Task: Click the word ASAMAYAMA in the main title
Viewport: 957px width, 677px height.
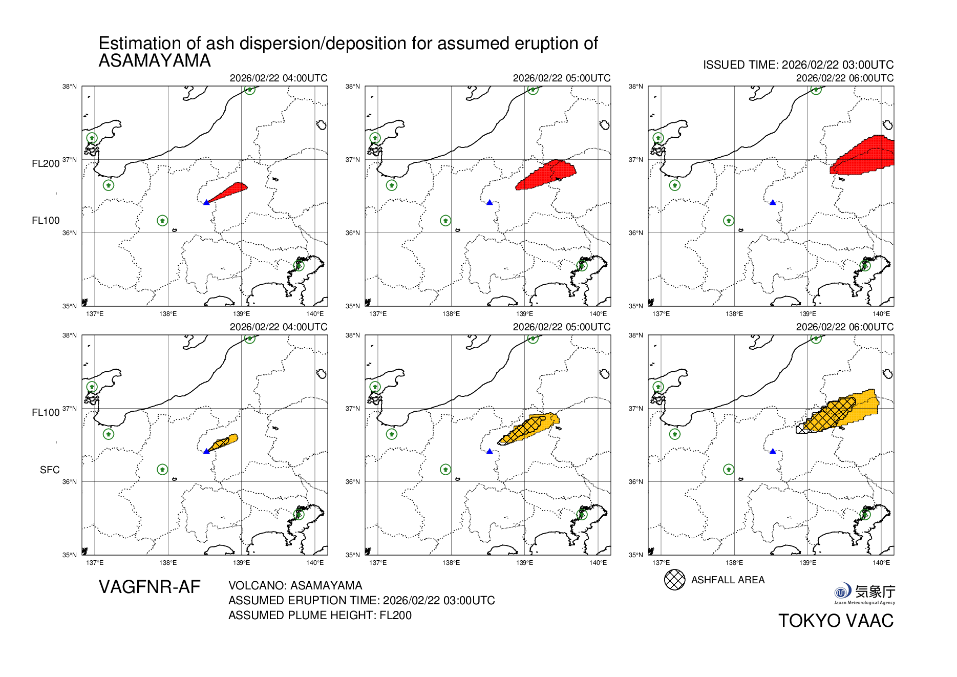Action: tap(154, 61)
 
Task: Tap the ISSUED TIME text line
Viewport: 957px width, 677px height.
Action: tap(798, 65)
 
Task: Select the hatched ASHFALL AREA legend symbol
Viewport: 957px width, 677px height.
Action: tap(674, 580)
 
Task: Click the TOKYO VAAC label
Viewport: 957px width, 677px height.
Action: tap(836, 621)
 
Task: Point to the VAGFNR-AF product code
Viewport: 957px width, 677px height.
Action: tap(149, 587)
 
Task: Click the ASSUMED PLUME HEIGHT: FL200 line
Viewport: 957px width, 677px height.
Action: tap(320, 615)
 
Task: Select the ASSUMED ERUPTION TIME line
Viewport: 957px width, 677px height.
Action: tap(361, 600)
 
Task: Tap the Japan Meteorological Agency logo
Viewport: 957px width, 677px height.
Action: tap(864, 594)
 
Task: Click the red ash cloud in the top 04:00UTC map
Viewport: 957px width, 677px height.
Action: tap(230, 191)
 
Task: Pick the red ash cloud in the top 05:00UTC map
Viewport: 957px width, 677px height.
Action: tap(545, 175)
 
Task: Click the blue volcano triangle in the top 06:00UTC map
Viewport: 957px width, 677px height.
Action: tap(773, 202)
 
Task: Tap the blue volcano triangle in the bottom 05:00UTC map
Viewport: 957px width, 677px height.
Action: tap(490, 451)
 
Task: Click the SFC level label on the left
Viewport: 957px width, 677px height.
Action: tap(50, 470)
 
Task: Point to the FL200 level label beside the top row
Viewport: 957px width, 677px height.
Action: tap(46, 164)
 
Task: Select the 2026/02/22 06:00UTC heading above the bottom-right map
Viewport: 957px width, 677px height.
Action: tap(844, 327)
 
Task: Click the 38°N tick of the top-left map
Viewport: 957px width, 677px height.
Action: tap(70, 87)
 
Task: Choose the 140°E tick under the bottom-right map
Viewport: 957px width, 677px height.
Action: tap(881, 563)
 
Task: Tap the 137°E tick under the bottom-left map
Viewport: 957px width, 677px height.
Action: tap(95, 563)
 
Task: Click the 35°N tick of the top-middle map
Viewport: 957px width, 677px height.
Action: tap(352, 306)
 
